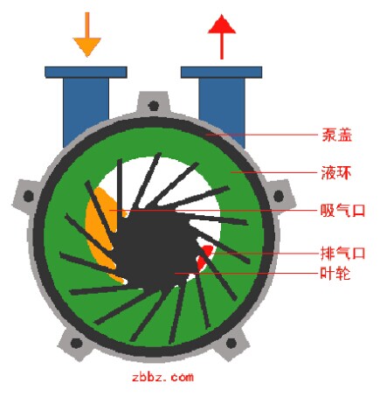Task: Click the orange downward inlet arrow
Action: click(86, 34)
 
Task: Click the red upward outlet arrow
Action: click(222, 37)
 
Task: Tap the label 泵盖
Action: click(337, 135)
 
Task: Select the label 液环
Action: click(336, 172)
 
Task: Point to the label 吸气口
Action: click(342, 210)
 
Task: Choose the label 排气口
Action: click(342, 253)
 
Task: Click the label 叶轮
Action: click(335, 274)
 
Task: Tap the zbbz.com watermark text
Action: click(162, 377)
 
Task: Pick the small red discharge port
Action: click(205, 256)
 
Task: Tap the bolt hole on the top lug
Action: click(154, 105)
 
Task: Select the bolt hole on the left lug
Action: click(28, 196)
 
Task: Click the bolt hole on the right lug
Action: click(279, 196)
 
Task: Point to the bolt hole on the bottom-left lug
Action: click(76, 343)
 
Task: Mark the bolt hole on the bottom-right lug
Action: click(231, 343)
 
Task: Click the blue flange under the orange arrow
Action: click(86, 72)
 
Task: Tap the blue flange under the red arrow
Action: click(221, 72)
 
